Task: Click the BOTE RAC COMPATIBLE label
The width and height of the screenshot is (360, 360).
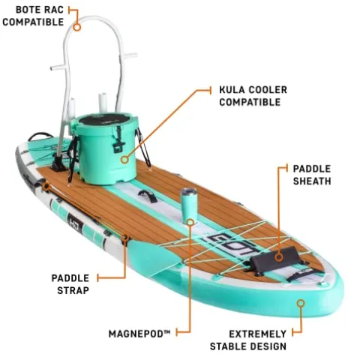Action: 33,16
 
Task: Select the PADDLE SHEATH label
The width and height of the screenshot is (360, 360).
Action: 311,175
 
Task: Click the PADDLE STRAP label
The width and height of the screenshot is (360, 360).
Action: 70,283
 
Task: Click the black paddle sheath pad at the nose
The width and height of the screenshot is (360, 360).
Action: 274,259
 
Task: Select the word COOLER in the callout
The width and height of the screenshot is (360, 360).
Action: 266,89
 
